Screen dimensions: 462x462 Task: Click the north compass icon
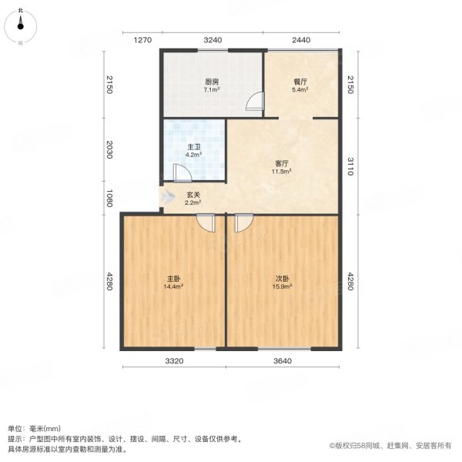point(21,25)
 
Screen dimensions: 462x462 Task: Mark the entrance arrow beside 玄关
point(167,198)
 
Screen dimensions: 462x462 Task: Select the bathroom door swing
point(182,172)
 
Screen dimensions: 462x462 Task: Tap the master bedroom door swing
point(206,222)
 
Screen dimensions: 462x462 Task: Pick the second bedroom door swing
point(243,222)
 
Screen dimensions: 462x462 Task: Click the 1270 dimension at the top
point(140,39)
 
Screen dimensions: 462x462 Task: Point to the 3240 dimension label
point(213,39)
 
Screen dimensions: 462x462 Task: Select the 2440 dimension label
point(301,39)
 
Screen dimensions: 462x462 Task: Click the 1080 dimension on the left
point(110,199)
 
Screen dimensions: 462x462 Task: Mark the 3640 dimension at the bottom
point(283,361)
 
